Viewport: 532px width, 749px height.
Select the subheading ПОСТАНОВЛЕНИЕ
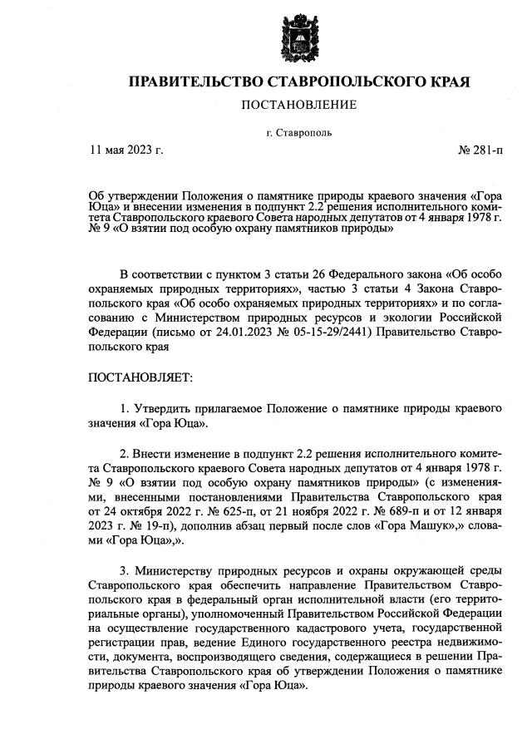click(298, 105)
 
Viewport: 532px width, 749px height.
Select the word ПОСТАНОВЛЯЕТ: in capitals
click(140, 377)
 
